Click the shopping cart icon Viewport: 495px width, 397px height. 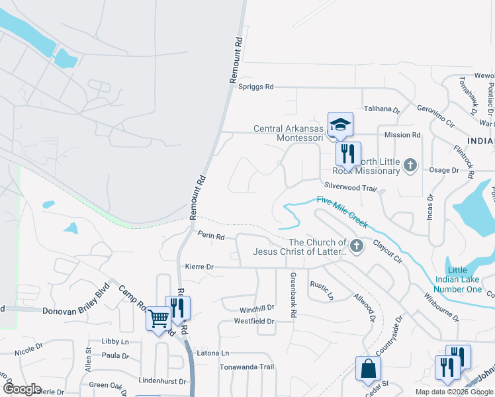(x=159, y=319)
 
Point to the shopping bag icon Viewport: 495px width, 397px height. (x=368, y=368)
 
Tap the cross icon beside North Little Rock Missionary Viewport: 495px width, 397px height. (x=410, y=165)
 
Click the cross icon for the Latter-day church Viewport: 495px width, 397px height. (x=357, y=247)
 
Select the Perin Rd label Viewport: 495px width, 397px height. (x=211, y=236)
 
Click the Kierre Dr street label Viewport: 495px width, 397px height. (x=199, y=267)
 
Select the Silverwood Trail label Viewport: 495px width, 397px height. (x=349, y=188)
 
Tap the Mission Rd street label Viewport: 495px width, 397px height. (x=403, y=135)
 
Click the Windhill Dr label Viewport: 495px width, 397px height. (x=257, y=308)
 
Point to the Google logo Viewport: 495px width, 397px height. (x=22, y=389)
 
